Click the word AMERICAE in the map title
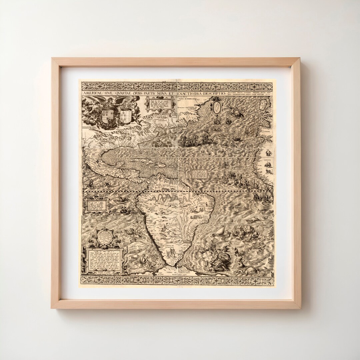pyautogui.click(x=94, y=94)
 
